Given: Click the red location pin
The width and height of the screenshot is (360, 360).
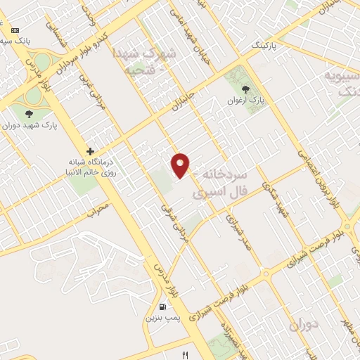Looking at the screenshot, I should coord(181,165).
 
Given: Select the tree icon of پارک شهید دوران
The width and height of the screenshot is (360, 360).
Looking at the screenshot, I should coord(28,115).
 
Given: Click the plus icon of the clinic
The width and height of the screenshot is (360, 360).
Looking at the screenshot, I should coord(90,151).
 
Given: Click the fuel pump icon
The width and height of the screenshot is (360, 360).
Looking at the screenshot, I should coord(163,307).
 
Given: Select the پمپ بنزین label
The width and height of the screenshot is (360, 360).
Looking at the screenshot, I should coord(161,318).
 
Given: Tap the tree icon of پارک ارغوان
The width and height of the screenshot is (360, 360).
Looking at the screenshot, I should coord(245,89).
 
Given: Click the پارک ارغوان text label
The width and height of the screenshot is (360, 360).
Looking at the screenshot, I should coord(246,100).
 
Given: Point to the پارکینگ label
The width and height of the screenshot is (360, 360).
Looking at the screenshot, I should coord(267,46).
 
